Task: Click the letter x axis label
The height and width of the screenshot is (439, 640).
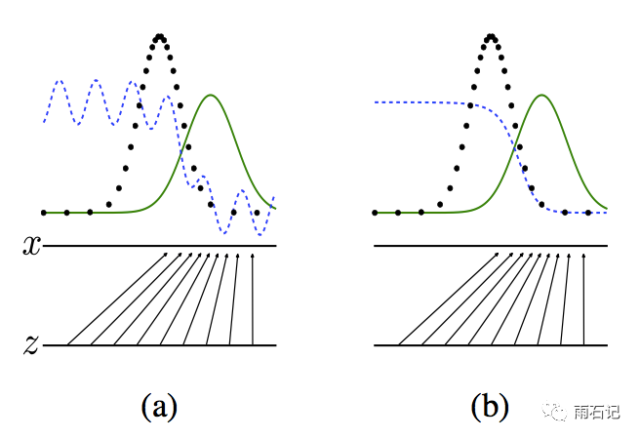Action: tap(32, 246)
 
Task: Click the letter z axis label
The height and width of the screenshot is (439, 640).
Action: tap(32, 343)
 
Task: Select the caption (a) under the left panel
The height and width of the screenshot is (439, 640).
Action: tap(159, 407)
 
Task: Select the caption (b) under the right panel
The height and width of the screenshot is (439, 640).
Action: tap(490, 407)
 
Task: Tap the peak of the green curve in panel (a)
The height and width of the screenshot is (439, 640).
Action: tap(210, 95)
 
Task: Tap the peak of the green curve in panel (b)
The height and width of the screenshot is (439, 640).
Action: tap(541, 95)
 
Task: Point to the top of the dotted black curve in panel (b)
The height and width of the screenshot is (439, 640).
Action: tap(493, 37)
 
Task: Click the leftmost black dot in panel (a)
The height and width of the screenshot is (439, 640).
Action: tap(44, 212)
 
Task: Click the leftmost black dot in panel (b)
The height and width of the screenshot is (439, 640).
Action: tap(376, 212)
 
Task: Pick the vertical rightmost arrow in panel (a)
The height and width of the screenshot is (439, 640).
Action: tap(253, 298)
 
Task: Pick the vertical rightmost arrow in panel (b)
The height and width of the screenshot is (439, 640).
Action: tap(584, 298)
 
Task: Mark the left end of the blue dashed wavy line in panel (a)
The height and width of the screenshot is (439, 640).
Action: tap(44, 121)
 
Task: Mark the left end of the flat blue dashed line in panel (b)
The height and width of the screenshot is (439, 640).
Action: tap(376, 102)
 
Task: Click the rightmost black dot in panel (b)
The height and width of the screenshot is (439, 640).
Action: tap(588, 212)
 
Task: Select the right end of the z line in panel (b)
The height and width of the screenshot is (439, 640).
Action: tap(607, 344)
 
